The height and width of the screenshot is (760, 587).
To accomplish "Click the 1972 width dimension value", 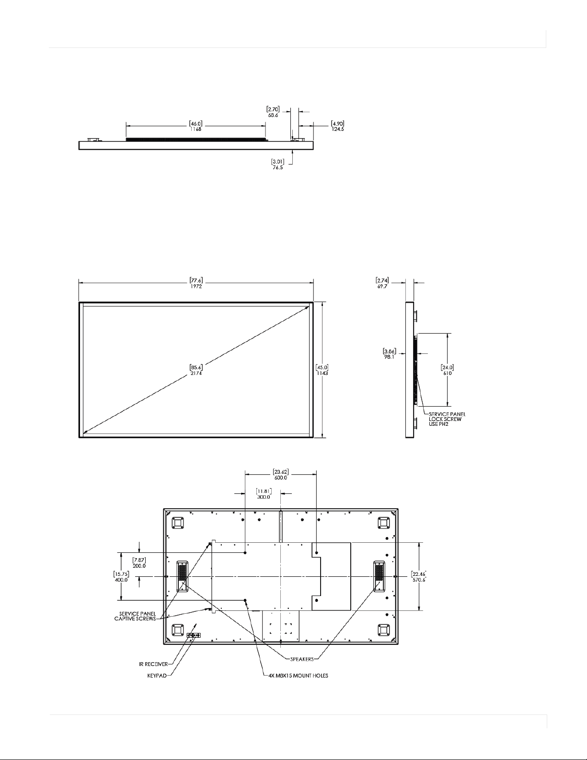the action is tap(196, 286).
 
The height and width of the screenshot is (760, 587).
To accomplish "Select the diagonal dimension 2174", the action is tap(196, 373).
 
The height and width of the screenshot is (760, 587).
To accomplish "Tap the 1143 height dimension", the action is tap(322, 373).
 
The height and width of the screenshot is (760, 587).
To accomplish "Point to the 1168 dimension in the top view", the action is tap(196, 129).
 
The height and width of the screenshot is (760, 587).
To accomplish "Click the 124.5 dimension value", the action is tap(338, 129).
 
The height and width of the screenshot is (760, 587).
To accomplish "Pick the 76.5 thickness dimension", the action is tap(278, 167).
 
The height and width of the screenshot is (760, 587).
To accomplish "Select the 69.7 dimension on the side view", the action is tap(382, 286).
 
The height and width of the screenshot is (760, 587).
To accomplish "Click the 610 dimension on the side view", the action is tap(448, 373).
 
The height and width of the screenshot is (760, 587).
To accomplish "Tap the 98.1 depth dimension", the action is tap(389, 357).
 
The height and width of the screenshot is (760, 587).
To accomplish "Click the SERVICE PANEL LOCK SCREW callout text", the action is tap(447, 419).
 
